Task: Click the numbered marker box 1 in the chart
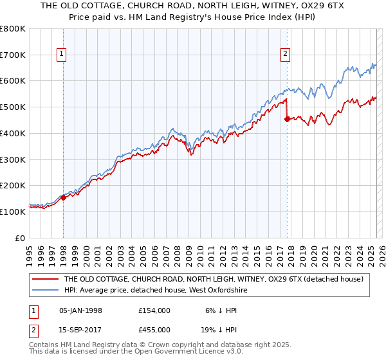click(62, 55)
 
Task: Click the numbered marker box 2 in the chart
click(285, 55)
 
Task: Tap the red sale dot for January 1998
click(63, 197)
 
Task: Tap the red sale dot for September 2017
click(287, 118)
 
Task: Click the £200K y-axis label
click(12, 185)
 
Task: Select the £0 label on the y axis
click(20, 238)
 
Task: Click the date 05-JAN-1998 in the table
click(80, 310)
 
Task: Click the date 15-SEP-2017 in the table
click(80, 329)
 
